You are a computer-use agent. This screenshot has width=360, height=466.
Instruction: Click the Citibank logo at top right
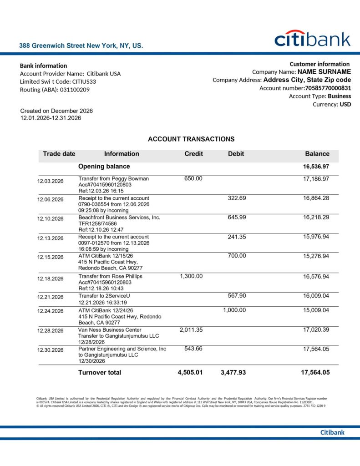click(x=312, y=39)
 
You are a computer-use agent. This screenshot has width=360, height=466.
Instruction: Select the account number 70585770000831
click(x=328, y=88)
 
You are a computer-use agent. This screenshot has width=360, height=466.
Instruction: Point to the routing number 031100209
click(x=75, y=90)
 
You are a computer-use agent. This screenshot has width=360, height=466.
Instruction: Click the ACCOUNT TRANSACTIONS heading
click(x=191, y=139)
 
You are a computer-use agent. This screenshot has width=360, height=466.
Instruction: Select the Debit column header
click(x=236, y=154)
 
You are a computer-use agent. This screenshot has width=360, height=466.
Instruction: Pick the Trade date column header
click(x=59, y=154)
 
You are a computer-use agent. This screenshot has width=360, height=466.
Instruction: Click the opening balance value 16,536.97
click(x=316, y=167)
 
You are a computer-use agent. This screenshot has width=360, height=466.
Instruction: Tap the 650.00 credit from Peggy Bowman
click(x=193, y=178)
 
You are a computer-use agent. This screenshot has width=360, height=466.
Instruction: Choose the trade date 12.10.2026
click(x=51, y=219)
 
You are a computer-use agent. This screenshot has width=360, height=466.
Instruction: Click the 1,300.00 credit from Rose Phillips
click(x=191, y=276)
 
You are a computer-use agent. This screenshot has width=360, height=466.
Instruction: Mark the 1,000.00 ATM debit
click(x=234, y=310)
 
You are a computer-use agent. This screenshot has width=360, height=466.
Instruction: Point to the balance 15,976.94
click(x=316, y=237)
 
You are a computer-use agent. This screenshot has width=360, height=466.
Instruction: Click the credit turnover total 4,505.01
click(x=190, y=372)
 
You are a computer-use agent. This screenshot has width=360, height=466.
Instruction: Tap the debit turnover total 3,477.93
click(x=233, y=372)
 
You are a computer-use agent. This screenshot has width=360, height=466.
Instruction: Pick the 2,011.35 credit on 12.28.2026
click(x=191, y=329)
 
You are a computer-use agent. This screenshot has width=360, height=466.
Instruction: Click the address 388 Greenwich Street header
click(x=81, y=46)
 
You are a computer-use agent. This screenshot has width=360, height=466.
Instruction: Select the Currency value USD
click(x=345, y=104)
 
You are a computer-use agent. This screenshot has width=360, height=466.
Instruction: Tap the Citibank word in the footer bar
click(x=332, y=432)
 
